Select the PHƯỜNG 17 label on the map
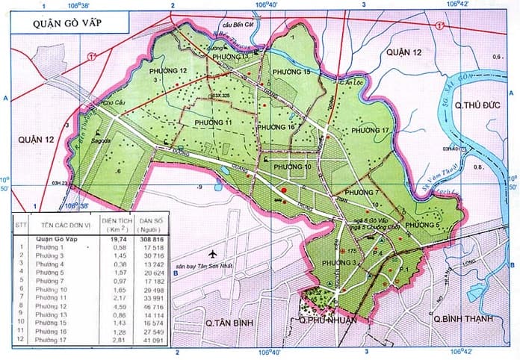pyautogui.click(x=371, y=131)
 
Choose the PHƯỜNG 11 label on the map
pyautogui.click(x=213, y=122)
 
